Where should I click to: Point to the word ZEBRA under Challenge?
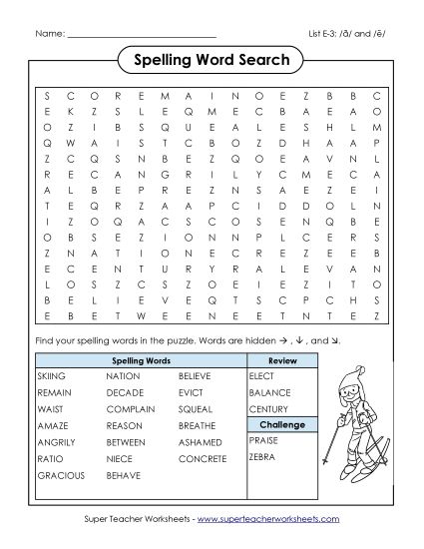click(x=261, y=456)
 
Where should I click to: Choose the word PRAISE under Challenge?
click(x=263, y=439)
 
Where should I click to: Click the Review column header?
click(x=282, y=358)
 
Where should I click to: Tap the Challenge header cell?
click(x=282, y=424)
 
